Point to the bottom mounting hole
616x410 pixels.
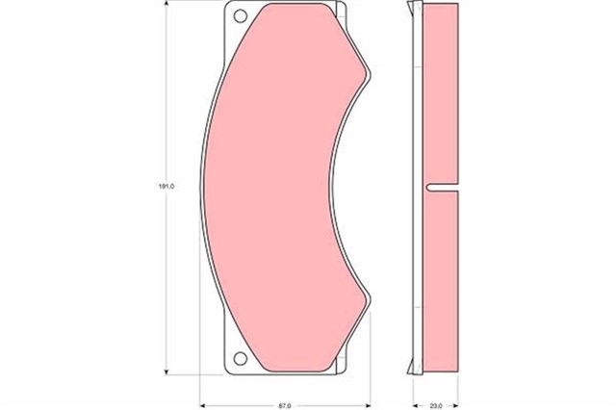tap(240, 361)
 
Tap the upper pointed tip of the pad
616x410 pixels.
tap(370, 72)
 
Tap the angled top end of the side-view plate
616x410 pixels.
tap(417, 10)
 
